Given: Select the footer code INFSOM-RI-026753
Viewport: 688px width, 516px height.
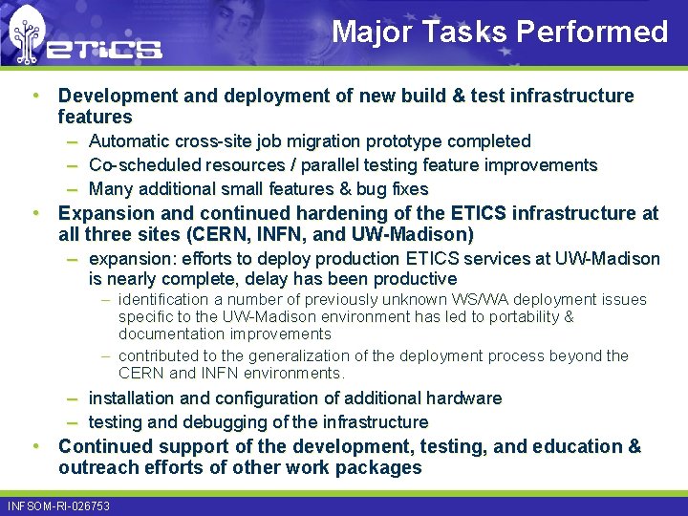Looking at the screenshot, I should tap(58, 505).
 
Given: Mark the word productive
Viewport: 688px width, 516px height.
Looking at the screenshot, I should tap(413, 279).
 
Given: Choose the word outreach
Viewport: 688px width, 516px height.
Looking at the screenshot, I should tap(97, 468).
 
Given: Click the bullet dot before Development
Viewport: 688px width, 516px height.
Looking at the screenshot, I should tap(34, 96).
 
